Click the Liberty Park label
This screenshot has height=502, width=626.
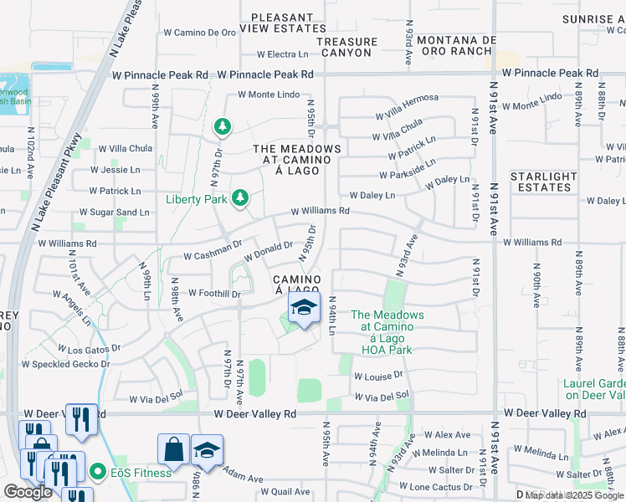click(x=196, y=198)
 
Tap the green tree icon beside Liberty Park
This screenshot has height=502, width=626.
click(x=241, y=197)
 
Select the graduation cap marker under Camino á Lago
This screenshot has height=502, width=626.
click(x=304, y=309)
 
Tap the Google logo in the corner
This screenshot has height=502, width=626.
click(x=28, y=492)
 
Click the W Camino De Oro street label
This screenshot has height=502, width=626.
click(x=199, y=33)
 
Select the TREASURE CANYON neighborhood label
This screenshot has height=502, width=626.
click(x=346, y=47)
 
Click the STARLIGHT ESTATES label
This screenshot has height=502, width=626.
click(x=544, y=182)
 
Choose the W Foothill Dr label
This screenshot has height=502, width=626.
click(x=214, y=294)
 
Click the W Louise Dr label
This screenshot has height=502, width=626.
click(x=377, y=376)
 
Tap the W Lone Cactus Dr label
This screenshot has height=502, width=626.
click(x=444, y=487)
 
